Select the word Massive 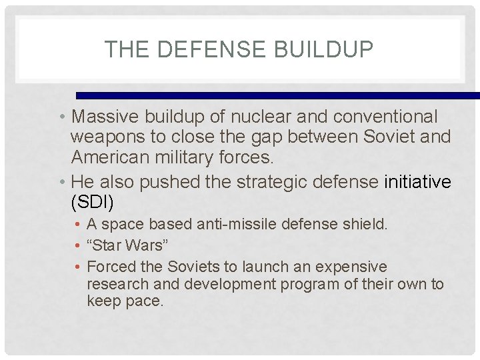[104, 117]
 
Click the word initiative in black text [417, 181]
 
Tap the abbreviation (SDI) [91, 201]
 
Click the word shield [367, 225]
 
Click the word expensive [353, 267]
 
